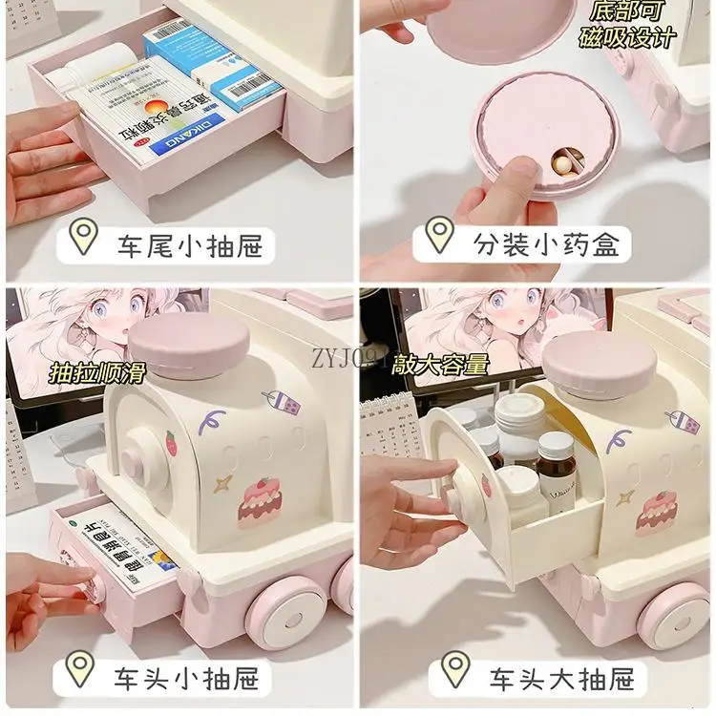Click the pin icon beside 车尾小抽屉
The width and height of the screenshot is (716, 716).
[x=85, y=238]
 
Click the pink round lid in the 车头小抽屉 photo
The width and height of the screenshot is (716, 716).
[x=189, y=346]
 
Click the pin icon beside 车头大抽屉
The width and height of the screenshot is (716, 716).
[x=456, y=670]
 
